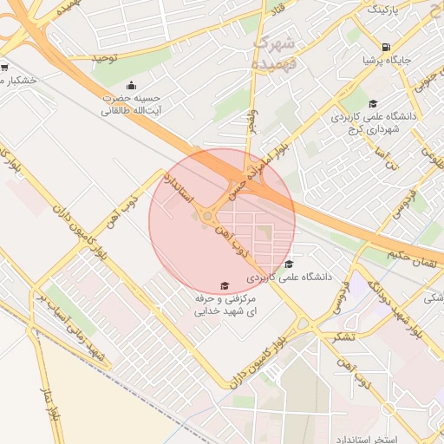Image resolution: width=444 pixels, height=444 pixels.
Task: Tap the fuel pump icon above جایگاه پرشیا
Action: pos(385,47)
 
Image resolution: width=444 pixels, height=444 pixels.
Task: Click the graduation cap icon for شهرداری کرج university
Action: pos(373,104)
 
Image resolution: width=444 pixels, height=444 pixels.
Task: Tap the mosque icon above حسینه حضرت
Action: pos(131,85)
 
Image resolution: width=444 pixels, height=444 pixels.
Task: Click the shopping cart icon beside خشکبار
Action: pos(5,68)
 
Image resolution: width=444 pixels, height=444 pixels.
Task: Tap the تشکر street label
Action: pos(330,335)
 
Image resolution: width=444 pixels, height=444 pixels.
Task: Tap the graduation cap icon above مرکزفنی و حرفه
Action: pos(224,285)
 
